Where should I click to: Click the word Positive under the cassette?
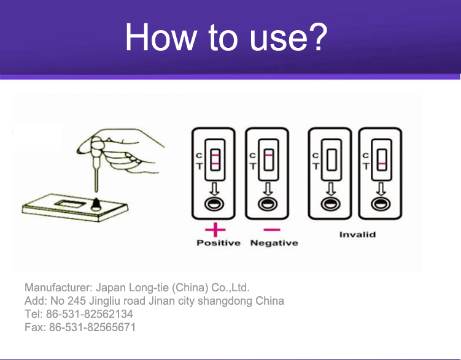(219, 243)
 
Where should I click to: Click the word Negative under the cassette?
(274, 243)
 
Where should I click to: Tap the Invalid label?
(357, 234)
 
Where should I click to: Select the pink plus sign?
(215, 229)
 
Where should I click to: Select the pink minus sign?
(272, 229)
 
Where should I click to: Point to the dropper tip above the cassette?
(96, 191)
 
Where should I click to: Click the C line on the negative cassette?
(269, 155)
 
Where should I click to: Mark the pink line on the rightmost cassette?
(382, 164)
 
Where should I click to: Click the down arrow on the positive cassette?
(215, 189)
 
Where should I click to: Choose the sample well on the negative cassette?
(268, 204)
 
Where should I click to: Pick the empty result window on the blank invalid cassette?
(331, 159)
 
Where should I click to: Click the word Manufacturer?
(58, 288)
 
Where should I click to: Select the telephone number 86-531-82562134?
(90, 314)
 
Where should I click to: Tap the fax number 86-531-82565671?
(92, 327)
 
